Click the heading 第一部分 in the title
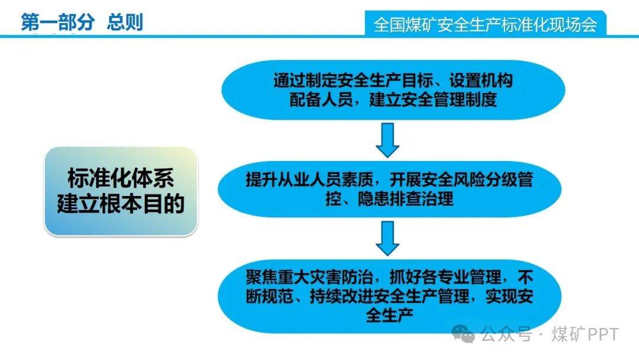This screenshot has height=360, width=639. [x=57, y=22]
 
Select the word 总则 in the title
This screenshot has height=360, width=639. [x=125, y=22]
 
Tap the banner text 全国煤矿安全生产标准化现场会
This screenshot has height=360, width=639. [x=485, y=25]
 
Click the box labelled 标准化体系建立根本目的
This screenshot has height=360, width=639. [x=121, y=191]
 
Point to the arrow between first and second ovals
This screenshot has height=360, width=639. [x=387, y=140]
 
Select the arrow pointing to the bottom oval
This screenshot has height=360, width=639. [x=387, y=239]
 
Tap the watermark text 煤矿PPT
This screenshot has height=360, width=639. [x=585, y=335]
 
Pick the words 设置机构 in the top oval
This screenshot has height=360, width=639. [x=481, y=81]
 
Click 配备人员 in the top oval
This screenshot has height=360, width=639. [x=321, y=99]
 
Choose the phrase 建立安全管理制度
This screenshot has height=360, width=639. [x=433, y=99]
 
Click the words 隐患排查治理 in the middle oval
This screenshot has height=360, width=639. [x=405, y=199]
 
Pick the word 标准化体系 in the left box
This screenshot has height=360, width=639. [x=121, y=178]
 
